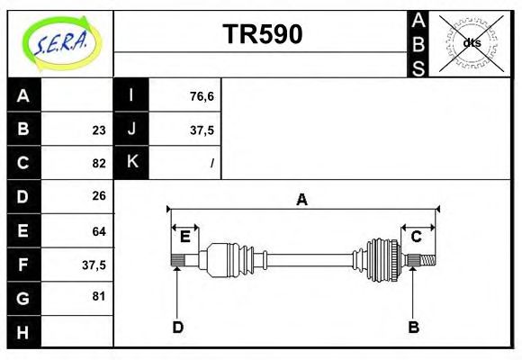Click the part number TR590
tap(262, 34)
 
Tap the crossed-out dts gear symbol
tap(472, 42)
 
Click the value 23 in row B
tap(99, 130)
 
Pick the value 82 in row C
tap(99, 163)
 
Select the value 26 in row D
tap(99, 195)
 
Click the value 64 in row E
tap(99, 231)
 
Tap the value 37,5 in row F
tap(94, 265)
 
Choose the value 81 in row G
tap(99, 295)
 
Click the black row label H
tap(23, 331)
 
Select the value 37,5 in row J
tap(202, 130)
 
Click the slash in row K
tap(211, 163)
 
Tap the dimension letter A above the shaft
tap(302, 200)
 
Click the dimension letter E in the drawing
tap(184, 237)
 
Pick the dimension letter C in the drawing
tap(417, 237)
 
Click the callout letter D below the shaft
tap(178, 328)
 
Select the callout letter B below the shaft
tap(414, 328)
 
